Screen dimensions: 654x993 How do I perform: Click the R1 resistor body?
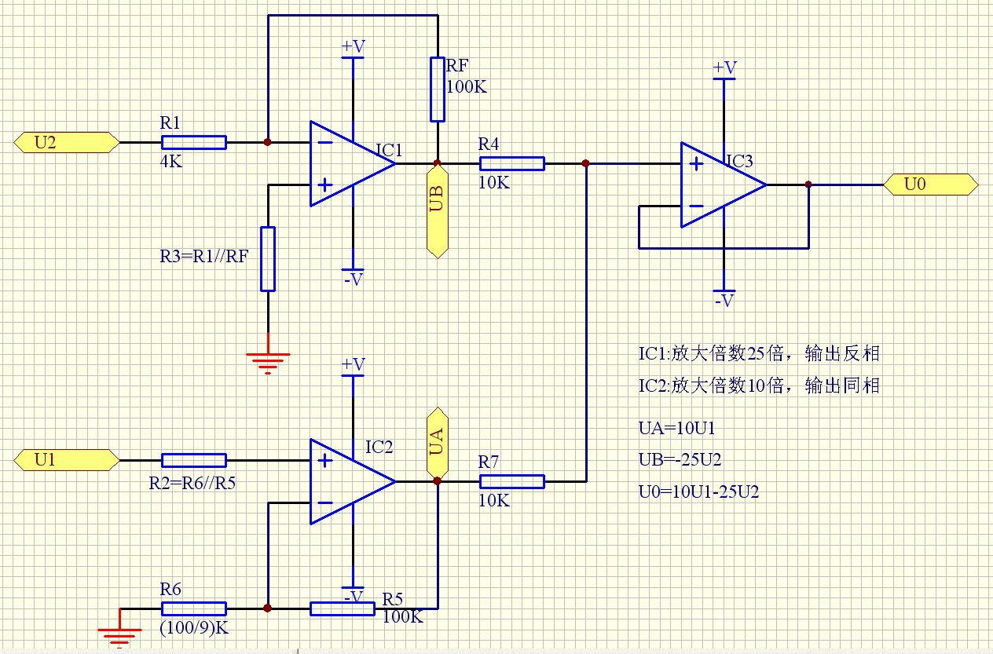pyautogui.click(x=193, y=142)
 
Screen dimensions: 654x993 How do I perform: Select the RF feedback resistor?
pyautogui.click(x=437, y=89)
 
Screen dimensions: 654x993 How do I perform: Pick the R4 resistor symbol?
pyautogui.click(x=511, y=163)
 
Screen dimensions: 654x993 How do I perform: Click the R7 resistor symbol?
pyautogui.click(x=511, y=481)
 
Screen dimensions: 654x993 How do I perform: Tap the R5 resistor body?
pyautogui.click(x=342, y=608)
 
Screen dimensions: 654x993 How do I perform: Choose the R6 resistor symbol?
pyautogui.click(x=193, y=608)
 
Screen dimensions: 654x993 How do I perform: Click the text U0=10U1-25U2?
pyautogui.click(x=698, y=492)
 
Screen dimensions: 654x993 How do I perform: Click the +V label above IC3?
pyautogui.click(x=724, y=68)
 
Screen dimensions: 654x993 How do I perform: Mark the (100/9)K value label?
pyautogui.click(x=192, y=627)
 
